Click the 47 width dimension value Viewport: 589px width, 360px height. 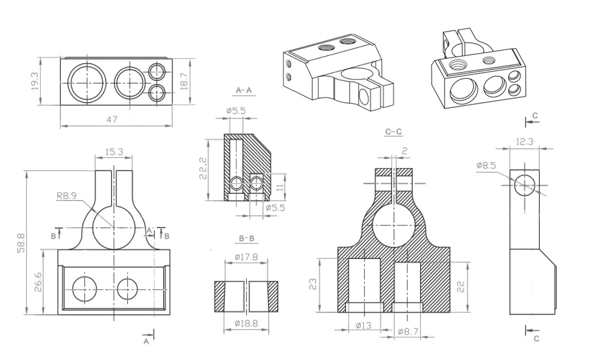pos(112,120)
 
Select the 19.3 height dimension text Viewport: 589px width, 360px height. pos(35,81)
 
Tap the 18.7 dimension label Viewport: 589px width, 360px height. pos(185,81)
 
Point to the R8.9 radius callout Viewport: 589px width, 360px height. pos(67,196)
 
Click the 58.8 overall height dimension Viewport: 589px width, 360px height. pos(21,243)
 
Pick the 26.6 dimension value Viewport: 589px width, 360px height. pos(38,282)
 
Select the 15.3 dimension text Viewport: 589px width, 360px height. pos(114,152)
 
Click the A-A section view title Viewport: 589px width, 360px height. pos(244,91)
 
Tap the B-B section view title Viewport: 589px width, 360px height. pos(247,239)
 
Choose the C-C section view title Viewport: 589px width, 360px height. pos(393,132)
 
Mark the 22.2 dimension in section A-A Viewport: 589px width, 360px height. pos(203,168)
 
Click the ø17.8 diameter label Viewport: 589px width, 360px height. pos(247,257)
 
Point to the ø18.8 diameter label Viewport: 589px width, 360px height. pos(247,323)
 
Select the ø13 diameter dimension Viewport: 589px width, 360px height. pos(363,326)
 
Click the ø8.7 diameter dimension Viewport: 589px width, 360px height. pos(408,332)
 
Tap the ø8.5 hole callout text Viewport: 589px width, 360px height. pos(486,166)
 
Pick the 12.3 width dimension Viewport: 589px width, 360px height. pos(525,142)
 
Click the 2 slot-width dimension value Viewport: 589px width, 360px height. pos(405,151)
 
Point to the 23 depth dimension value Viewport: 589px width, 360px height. pos(313,284)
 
